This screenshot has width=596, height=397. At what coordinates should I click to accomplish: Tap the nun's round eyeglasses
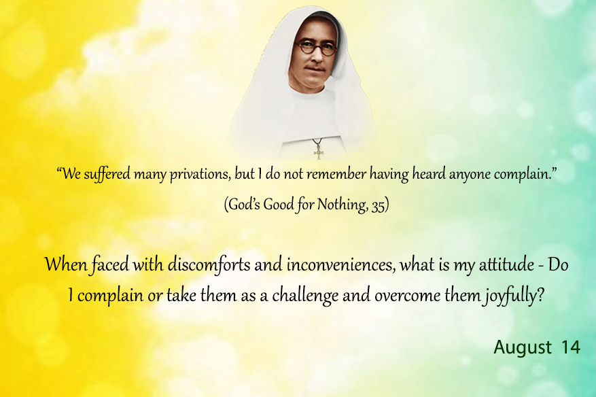coord(315,48)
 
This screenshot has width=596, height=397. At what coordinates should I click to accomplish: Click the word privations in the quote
coord(200,175)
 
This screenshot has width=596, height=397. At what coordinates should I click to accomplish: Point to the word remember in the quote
coord(336,174)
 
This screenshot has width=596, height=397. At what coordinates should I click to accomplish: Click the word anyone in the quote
coord(470,175)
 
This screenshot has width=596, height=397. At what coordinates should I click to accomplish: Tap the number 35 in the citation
coord(378,206)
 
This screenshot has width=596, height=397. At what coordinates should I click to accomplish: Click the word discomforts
coord(209,264)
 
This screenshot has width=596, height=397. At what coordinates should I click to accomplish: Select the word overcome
coord(406,296)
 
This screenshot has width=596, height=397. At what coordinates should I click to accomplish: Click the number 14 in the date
coord(571,347)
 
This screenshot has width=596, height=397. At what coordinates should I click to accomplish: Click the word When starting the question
coord(66,264)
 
